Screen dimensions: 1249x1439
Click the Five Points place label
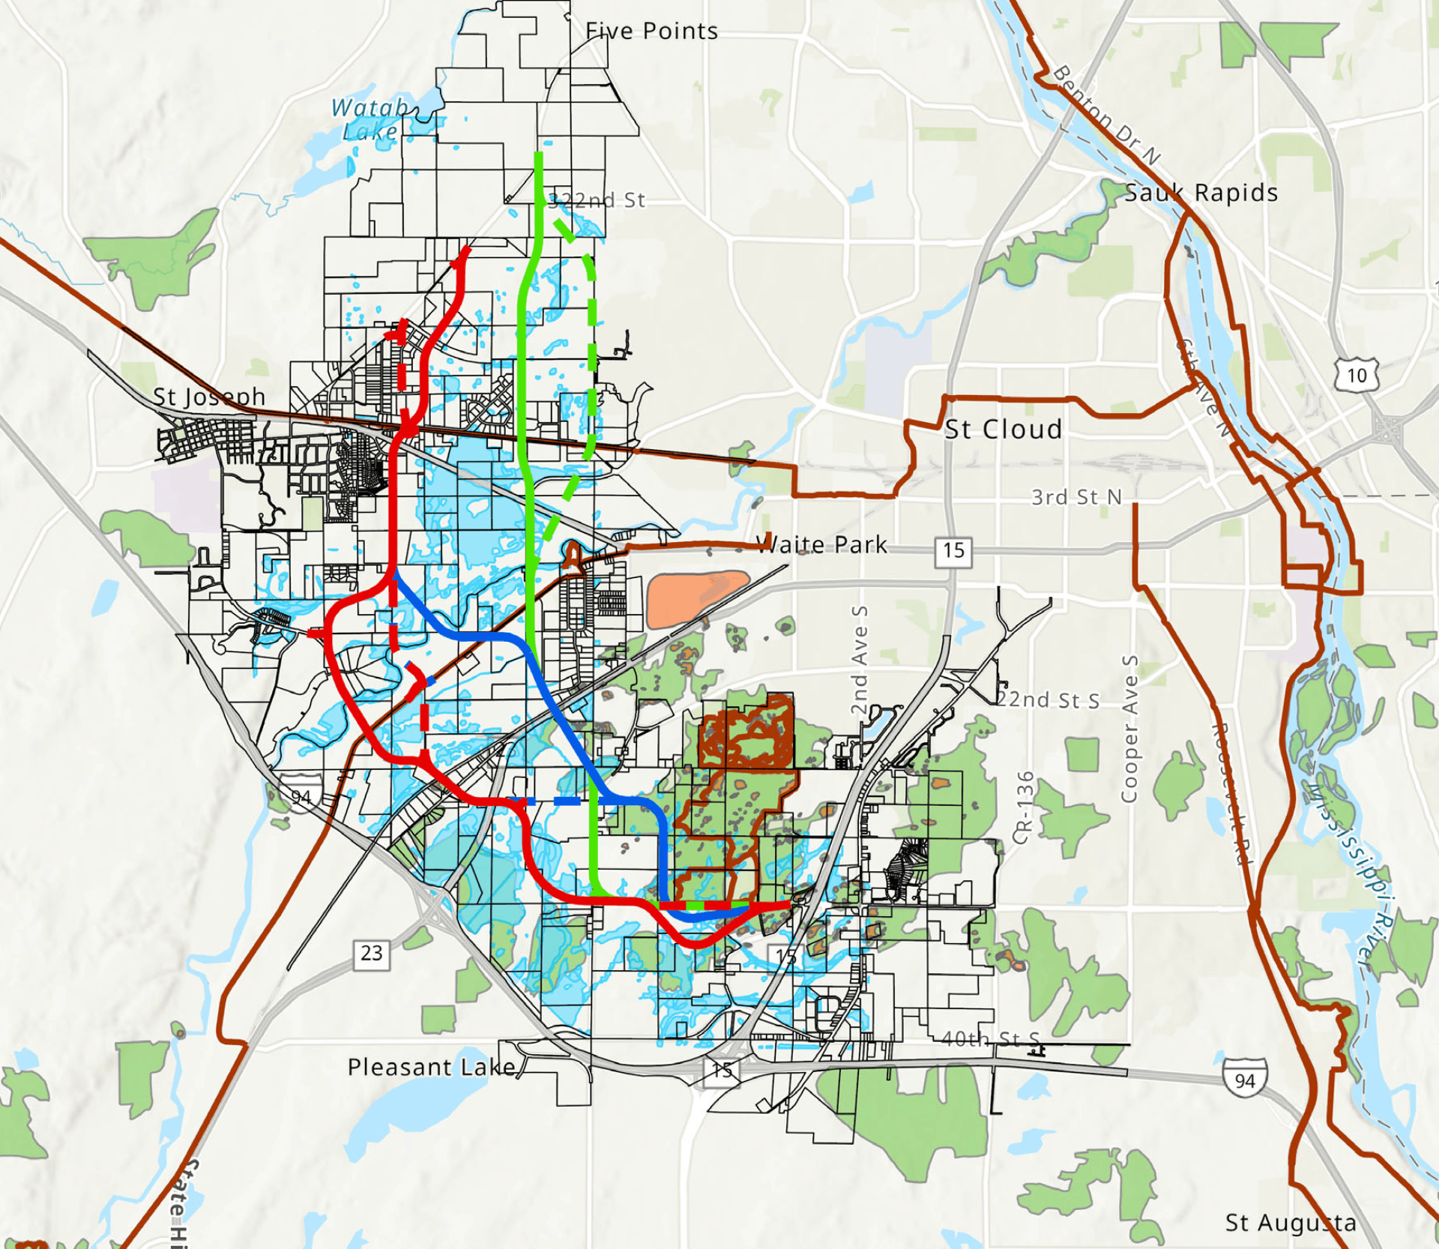[x=651, y=31]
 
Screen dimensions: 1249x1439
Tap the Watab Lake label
[x=370, y=119]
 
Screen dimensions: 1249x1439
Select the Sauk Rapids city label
[x=1201, y=193]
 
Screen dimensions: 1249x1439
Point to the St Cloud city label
[x=1003, y=430]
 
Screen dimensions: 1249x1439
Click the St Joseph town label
[x=209, y=397]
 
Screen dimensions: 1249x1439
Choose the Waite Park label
[x=821, y=544]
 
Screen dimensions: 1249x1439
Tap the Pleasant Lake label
[x=432, y=1067]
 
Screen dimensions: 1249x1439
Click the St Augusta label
[x=1291, y=1223]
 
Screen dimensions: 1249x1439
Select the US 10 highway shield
[x=1357, y=375]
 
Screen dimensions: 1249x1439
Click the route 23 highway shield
[x=372, y=953]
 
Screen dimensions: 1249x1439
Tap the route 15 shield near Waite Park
[x=953, y=551]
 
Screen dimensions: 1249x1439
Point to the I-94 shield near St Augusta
[x=1245, y=1080]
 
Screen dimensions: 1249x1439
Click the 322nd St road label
[x=597, y=200]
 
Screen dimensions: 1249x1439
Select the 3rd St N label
[x=1076, y=497]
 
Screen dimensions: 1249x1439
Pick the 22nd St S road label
[x=1048, y=700]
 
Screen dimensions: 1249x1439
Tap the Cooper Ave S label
[x=1129, y=729]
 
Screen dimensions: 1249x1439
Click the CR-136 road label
[x=1025, y=807]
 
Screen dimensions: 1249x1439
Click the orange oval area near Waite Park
[x=696, y=598]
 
